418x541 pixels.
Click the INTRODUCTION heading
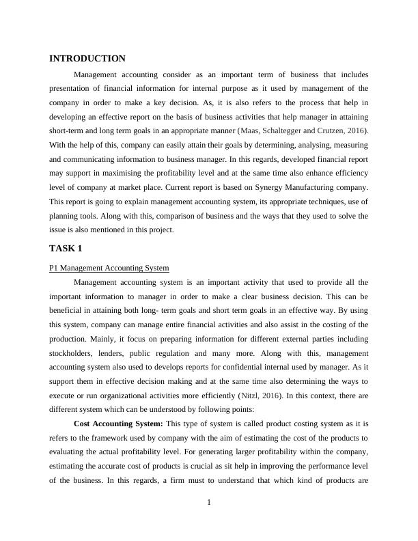pos(87,59)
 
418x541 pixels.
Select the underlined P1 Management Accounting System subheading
pos(109,268)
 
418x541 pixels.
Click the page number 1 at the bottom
pos(209,503)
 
